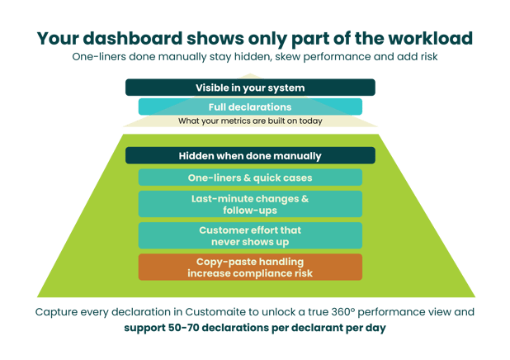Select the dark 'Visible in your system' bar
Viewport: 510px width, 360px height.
[x=250, y=88]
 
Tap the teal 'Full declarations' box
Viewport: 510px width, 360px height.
[x=250, y=107]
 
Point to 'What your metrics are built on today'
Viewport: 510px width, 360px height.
[x=250, y=121]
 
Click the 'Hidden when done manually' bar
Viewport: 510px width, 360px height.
[x=250, y=155]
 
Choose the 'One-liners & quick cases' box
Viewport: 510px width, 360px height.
[x=250, y=177]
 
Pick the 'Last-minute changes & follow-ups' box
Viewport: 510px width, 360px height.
[x=250, y=204]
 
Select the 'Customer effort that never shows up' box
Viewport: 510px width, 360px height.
[x=250, y=234]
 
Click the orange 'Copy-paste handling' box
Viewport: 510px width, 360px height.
[x=250, y=267]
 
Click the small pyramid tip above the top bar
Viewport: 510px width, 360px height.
[x=250, y=75]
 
